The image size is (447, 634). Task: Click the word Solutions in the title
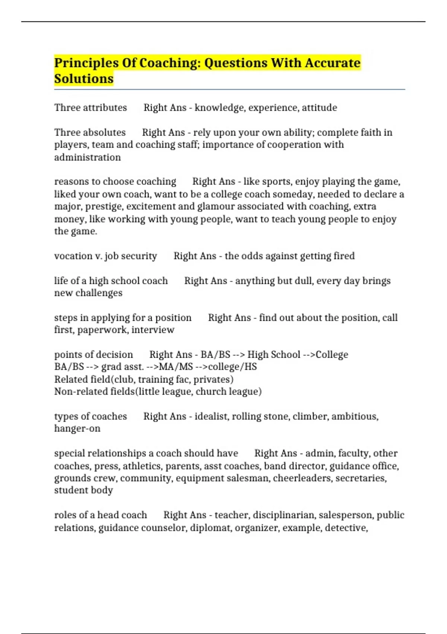point(84,79)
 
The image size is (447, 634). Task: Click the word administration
point(88,157)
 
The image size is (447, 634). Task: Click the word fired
point(344,256)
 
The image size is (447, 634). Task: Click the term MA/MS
point(176,367)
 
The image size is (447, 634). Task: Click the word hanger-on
point(77,429)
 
